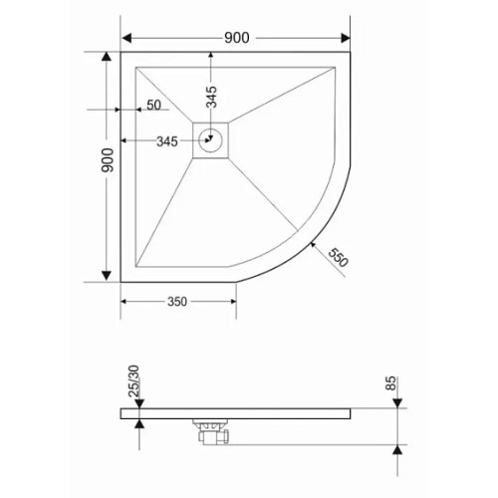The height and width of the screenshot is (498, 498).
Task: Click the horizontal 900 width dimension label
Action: (x=237, y=38)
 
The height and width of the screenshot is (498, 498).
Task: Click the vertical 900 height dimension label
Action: (x=108, y=160)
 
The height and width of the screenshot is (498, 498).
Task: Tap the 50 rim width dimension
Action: (x=153, y=105)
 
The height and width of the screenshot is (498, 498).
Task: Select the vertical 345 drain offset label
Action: (x=211, y=97)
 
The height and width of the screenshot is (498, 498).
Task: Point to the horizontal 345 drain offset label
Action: (x=167, y=141)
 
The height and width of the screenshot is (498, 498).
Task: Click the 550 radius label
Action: (x=338, y=257)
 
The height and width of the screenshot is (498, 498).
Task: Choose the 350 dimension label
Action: (x=177, y=302)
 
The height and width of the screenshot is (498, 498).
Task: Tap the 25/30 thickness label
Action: (x=133, y=381)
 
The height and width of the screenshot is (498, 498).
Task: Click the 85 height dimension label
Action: (x=391, y=383)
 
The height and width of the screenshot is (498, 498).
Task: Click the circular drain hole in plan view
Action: (x=210, y=140)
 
